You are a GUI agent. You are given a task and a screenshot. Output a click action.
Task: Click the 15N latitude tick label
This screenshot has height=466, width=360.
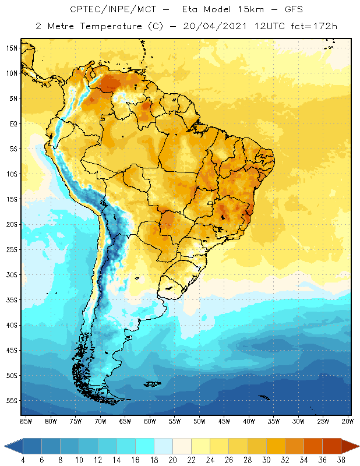click(12, 48)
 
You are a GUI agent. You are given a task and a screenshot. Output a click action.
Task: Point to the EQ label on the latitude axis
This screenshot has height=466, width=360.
click(13, 123)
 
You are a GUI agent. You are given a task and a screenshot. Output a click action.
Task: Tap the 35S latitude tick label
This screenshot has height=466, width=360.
click(12, 300)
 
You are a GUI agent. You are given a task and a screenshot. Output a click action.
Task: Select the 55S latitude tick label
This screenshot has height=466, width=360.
click(12, 401)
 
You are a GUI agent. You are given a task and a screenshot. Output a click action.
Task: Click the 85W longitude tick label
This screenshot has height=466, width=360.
click(26, 422)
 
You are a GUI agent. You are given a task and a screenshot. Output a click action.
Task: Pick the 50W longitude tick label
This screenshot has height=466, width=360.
click(199, 422)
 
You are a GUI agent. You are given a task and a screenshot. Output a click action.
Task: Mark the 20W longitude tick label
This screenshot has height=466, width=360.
click(348, 422)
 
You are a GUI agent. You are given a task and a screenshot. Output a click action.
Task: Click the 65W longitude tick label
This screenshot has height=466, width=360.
click(125, 422)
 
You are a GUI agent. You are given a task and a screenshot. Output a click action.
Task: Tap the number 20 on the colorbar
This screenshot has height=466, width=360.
click(172, 460)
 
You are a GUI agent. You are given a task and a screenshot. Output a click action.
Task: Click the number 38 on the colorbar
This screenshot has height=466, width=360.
click(341, 460)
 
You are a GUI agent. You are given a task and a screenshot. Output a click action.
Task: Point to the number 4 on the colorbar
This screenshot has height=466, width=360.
click(23, 460)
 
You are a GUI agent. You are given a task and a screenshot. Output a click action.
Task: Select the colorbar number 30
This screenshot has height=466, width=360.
click(266, 460)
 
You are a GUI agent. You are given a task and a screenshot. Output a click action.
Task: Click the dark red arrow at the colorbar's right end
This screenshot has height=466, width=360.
click(350, 446)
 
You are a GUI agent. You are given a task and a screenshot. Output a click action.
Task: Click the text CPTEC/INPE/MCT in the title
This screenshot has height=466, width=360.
click(113, 9)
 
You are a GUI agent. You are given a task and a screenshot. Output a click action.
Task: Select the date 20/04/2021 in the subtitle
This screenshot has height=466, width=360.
click(214, 26)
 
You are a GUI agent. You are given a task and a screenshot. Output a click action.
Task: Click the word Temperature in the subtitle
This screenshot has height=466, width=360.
click(111, 26)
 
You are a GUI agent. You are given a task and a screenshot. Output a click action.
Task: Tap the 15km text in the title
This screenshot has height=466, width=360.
click(250, 9)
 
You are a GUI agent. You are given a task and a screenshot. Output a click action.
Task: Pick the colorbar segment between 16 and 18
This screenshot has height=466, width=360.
click(145, 446)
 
